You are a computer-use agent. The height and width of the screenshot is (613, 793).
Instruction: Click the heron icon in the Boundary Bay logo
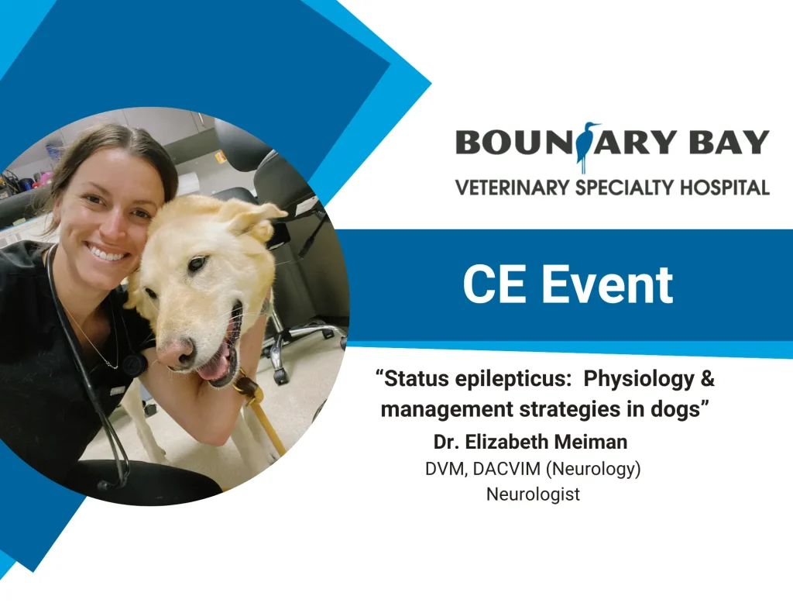tap(588, 146)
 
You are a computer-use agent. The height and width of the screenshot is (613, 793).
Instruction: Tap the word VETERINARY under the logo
tap(512, 187)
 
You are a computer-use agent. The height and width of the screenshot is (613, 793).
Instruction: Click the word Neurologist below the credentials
tap(533, 494)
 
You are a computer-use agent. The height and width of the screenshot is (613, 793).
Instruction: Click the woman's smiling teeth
tap(108, 252)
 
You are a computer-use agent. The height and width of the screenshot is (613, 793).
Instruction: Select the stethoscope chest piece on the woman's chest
tap(133, 365)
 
